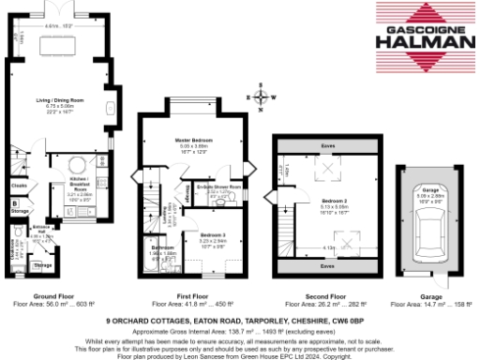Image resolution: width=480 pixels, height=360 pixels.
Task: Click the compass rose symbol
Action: pyautogui.click(x=261, y=96)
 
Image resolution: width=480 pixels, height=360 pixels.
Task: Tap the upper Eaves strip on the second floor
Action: pyautogui.click(x=327, y=147)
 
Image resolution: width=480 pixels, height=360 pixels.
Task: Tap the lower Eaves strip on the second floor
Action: pyautogui.click(x=327, y=266)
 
